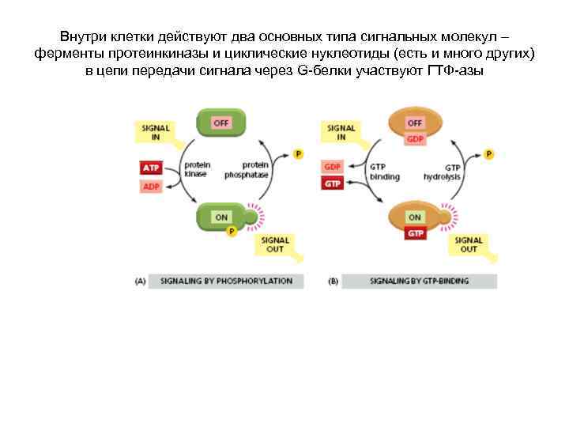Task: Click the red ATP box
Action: pyautogui.click(x=150, y=168)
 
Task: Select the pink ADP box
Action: pyautogui.click(x=150, y=187)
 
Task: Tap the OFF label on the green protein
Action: pyautogui.click(x=222, y=123)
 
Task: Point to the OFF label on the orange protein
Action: pyautogui.click(x=415, y=123)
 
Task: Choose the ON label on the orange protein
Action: pyautogui.click(x=415, y=216)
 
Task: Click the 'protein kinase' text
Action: pyautogui.click(x=197, y=169)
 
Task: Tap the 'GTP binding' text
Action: pyautogui.click(x=385, y=172)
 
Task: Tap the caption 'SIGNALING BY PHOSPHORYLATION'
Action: pyautogui.click(x=226, y=281)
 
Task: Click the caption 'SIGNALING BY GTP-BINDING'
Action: pyautogui.click(x=420, y=281)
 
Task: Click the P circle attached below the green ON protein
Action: pyautogui.click(x=232, y=231)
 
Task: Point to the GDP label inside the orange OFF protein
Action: pyautogui.click(x=415, y=139)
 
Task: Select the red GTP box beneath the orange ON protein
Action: pyautogui.click(x=415, y=233)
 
